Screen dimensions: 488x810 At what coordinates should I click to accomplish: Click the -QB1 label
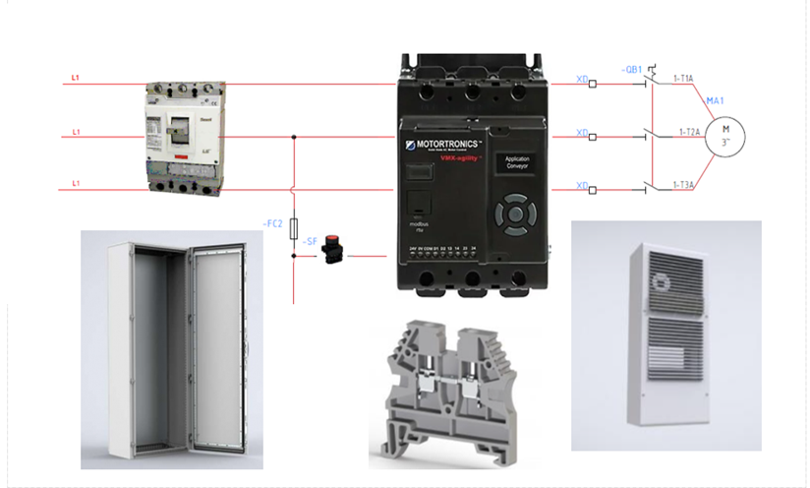tap(632, 70)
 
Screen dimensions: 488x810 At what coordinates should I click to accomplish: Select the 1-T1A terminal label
tap(682, 78)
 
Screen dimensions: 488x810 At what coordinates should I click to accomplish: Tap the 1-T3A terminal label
tap(684, 184)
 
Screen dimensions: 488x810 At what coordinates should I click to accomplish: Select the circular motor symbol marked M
tap(726, 132)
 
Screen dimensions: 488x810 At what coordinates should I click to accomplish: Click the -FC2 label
tap(273, 224)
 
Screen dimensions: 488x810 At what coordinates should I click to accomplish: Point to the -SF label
tap(308, 241)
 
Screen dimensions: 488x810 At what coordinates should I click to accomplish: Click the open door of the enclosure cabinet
tap(221, 349)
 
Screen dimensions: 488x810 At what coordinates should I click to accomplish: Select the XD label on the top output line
tap(582, 79)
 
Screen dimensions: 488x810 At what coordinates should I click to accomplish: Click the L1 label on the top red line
tap(76, 78)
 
